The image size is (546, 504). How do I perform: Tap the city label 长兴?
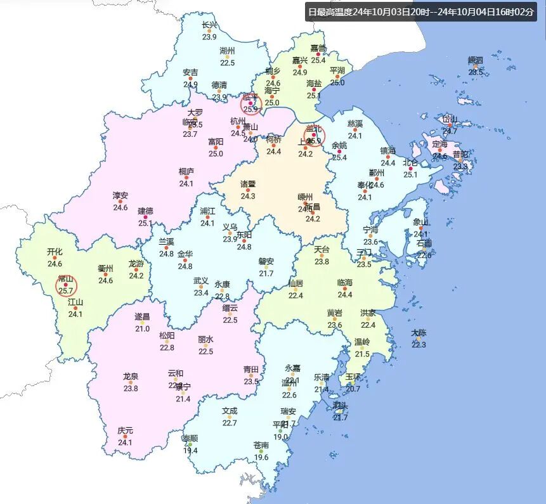click(209, 25)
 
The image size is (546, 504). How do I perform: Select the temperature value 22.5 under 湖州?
click(227, 63)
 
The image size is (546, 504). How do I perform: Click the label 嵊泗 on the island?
click(476, 60)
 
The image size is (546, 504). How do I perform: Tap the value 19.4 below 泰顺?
click(190, 451)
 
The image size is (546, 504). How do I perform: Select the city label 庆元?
click(125, 431)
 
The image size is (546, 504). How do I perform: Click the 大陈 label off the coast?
click(419, 333)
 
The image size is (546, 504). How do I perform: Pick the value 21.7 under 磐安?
click(266, 273)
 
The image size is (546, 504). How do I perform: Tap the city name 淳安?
click(120, 195)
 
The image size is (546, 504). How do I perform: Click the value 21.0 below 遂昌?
click(142, 328)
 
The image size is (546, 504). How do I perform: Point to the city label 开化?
click(55, 252)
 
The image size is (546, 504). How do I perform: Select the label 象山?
click(421, 223)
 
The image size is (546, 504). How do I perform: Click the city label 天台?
click(322, 250)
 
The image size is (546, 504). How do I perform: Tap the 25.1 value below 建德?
click(146, 223)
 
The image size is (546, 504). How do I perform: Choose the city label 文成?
click(230, 411)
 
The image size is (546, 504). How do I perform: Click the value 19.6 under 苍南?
click(261, 457)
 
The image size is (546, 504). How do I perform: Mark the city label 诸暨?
click(248, 184)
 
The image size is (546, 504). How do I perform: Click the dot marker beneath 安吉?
click(190, 79)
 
